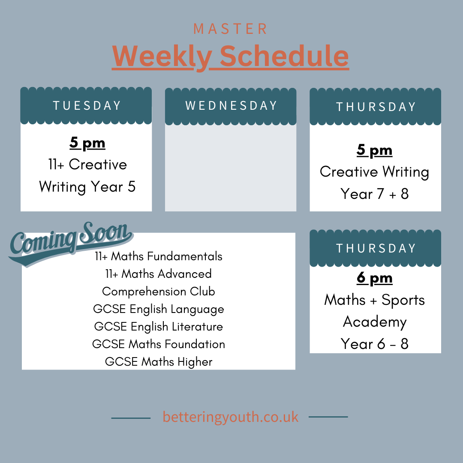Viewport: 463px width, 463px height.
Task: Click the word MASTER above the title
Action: (x=231, y=29)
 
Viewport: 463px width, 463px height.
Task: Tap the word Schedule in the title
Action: (x=284, y=56)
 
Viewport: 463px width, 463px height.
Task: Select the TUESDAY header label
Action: (x=87, y=106)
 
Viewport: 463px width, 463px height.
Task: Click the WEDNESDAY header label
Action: (x=231, y=106)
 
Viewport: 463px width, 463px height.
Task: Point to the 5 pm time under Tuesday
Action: (x=87, y=143)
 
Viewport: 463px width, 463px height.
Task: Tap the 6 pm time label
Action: (x=375, y=279)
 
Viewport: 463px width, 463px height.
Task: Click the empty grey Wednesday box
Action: (x=231, y=167)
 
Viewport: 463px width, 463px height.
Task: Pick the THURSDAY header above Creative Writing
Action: (x=376, y=107)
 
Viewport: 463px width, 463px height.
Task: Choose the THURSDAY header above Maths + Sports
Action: (x=376, y=248)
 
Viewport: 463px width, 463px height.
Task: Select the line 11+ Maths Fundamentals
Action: (x=159, y=256)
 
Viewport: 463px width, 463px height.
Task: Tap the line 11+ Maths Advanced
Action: (x=159, y=274)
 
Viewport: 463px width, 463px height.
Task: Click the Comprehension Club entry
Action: (x=159, y=292)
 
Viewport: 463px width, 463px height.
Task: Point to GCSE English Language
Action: (x=159, y=309)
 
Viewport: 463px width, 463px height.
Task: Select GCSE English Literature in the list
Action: (x=159, y=327)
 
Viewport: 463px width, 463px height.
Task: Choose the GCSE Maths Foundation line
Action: (x=159, y=344)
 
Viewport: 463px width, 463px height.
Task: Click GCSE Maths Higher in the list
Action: (x=159, y=362)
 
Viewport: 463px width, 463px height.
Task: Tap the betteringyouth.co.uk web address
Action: (x=231, y=417)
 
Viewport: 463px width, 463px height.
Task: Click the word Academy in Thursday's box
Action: (x=375, y=322)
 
